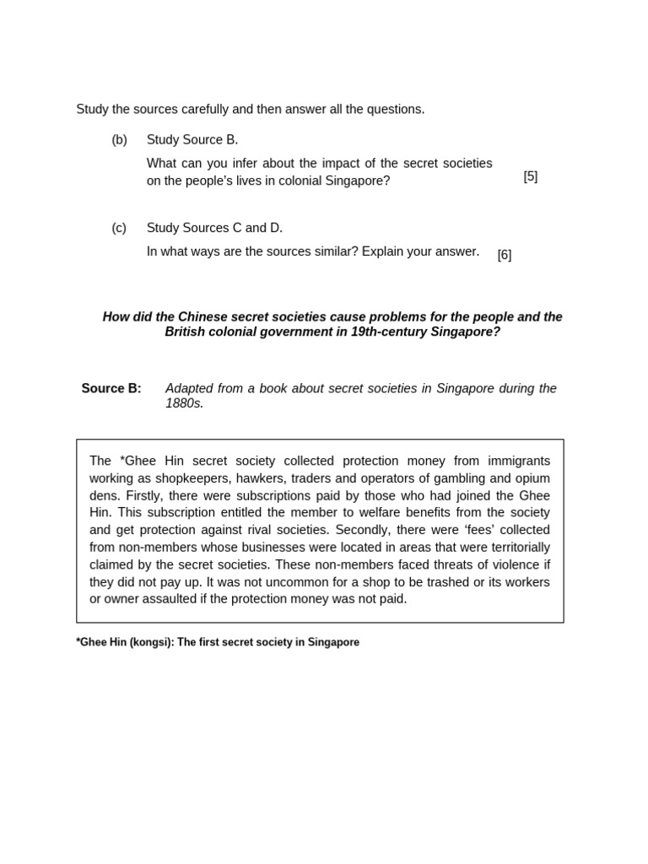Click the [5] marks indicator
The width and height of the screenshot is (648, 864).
point(530,176)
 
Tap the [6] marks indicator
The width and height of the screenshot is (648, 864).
point(504,255)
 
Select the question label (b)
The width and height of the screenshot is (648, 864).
point(119,140)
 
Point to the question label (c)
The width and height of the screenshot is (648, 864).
point(119,228)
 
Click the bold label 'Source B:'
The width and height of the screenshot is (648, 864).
point(111,388)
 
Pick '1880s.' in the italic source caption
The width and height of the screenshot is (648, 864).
point(184,403)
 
